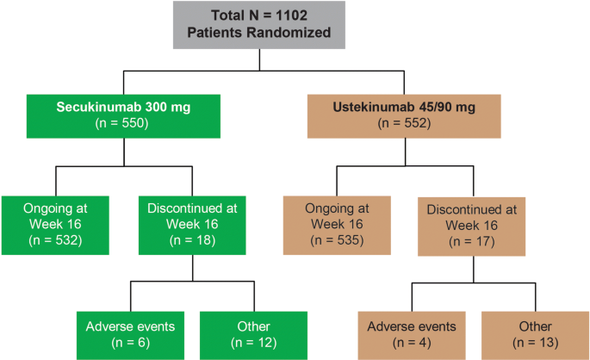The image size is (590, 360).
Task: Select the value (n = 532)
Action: click(x=56, y=239)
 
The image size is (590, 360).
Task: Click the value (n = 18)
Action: click(x=180, y=239)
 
